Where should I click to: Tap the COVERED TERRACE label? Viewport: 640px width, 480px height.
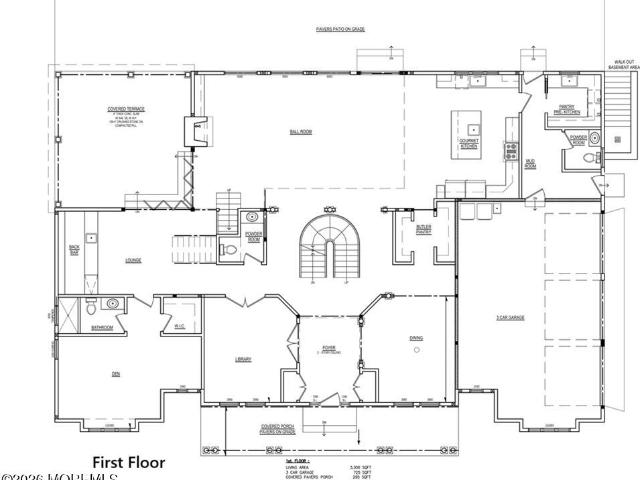point(123,113)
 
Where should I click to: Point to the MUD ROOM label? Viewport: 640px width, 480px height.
point(531,163)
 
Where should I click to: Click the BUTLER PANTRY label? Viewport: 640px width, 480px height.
point(424,229)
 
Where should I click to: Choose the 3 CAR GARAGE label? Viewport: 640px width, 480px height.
point(512,318)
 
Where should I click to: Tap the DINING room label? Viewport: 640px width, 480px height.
point(416,338)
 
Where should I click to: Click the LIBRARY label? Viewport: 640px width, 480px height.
point(243,359)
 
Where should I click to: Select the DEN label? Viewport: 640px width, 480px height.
point(115,374)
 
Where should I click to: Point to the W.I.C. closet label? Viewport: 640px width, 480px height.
point(179,326)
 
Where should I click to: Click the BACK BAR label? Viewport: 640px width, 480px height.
point(74,248)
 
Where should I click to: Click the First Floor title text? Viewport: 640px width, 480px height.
point(128,463)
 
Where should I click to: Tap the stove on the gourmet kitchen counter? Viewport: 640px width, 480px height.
point(511,152)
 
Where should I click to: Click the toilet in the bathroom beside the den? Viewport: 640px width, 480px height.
point(91,306)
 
